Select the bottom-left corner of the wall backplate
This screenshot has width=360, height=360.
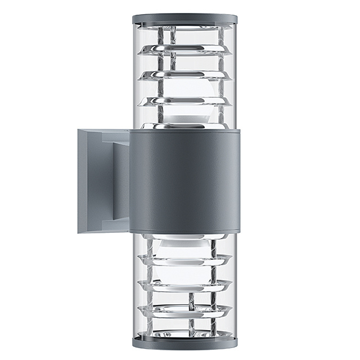pyautogui.click(x=79, y=232)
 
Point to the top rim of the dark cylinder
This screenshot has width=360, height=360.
pyautogui.click(x=184, y=132)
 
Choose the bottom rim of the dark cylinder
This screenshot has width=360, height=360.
pyautogui.click(x=184, y=231)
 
